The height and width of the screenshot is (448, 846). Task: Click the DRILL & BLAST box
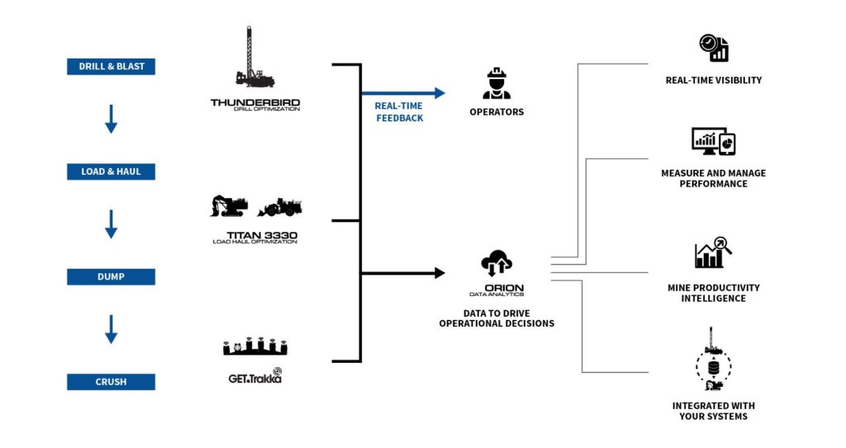point(111,67)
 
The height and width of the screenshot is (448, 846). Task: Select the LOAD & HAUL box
point(111,172)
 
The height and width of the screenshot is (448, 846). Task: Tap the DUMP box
point(111,276)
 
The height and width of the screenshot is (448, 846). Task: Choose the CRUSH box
point(111,381)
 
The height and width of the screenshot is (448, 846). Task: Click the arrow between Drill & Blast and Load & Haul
point(111,119)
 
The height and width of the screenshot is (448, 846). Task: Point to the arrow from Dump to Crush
point(111,328)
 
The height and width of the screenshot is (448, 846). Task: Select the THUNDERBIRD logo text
point(255,104)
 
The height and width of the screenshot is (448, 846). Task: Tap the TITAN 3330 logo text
point(254,237)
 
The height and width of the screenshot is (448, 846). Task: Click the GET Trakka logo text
point(254,378)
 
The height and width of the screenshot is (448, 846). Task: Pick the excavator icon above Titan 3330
point(229,206)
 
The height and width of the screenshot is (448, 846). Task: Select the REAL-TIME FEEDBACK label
point(399,112)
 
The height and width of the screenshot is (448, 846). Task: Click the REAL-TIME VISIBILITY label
point(713,80)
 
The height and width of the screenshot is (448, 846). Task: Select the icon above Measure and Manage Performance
point(713,142)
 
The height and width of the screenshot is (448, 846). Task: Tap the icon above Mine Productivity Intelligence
point(713,252)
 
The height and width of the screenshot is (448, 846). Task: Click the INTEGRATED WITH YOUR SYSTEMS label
point(713,411)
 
